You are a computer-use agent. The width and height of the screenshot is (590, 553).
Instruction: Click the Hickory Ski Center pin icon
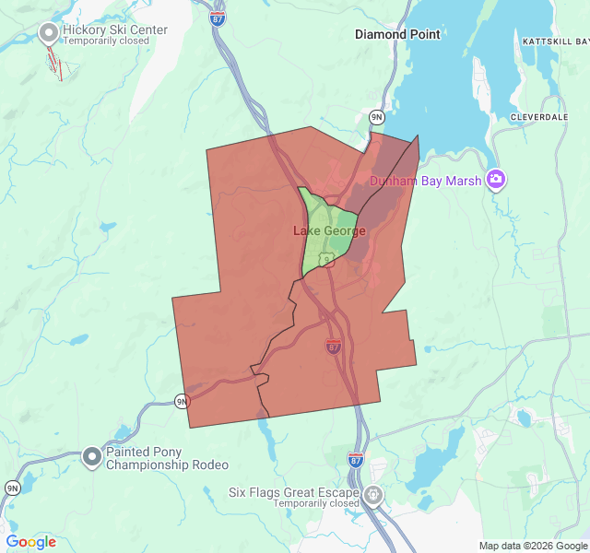[x=48, y=33]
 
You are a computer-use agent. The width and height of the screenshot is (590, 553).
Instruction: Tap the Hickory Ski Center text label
[x=114, y=29]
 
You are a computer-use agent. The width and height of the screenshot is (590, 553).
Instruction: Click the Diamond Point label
[x=397, y=34]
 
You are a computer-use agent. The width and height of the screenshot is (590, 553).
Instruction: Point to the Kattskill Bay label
[x=555, y=41]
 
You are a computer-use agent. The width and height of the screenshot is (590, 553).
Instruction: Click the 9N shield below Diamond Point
[x=376, y=117]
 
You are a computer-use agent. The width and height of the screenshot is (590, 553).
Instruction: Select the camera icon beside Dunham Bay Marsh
[x=497, y=179]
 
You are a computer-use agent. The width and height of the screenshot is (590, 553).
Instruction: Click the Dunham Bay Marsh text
[x=425, y=181]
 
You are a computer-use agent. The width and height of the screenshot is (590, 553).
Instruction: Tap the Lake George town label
[x=329, y=230]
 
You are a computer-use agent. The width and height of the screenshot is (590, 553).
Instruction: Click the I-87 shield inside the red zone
[x=333, y=346]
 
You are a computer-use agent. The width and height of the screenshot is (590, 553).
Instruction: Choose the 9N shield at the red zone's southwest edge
[x=183, y=401]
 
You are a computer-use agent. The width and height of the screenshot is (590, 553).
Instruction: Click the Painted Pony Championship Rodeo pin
[x=92, y=456]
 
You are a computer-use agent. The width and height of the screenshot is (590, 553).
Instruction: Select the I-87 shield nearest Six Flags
[x=356, y=458]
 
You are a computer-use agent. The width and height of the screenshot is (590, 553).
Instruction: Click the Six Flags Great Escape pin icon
[x=373, y=495]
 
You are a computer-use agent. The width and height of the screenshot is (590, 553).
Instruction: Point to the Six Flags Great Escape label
[x=294, y=492]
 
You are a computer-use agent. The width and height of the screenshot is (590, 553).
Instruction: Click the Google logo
[x=30, y=542]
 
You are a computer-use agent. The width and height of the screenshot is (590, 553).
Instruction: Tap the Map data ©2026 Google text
[x=533, y=546]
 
